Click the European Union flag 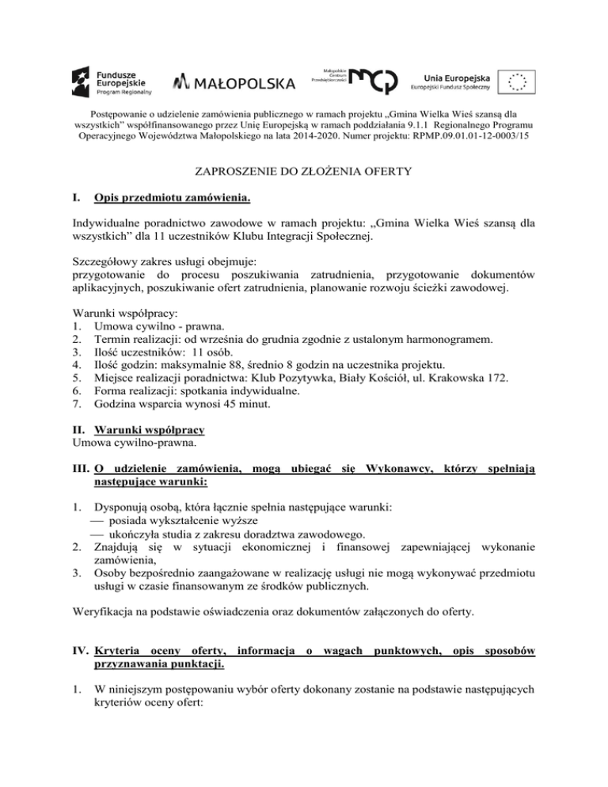click(519, 80)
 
